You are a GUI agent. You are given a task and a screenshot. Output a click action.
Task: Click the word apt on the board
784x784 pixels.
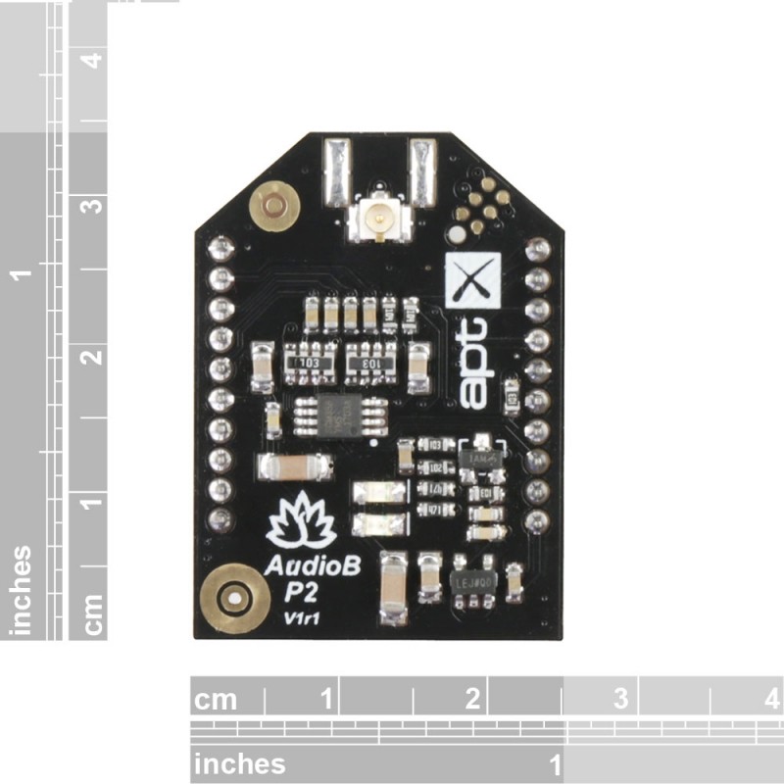474,362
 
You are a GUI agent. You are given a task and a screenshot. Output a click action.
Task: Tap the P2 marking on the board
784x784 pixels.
301,593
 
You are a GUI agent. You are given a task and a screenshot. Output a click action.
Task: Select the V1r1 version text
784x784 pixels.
299,617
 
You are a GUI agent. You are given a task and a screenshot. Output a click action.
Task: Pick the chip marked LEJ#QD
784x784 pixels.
474,580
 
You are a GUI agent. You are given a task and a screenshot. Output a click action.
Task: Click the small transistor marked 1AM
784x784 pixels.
482,457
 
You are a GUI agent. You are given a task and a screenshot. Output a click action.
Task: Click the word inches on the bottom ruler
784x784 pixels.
240,763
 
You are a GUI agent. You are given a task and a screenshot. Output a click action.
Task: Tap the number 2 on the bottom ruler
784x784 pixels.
472,699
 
